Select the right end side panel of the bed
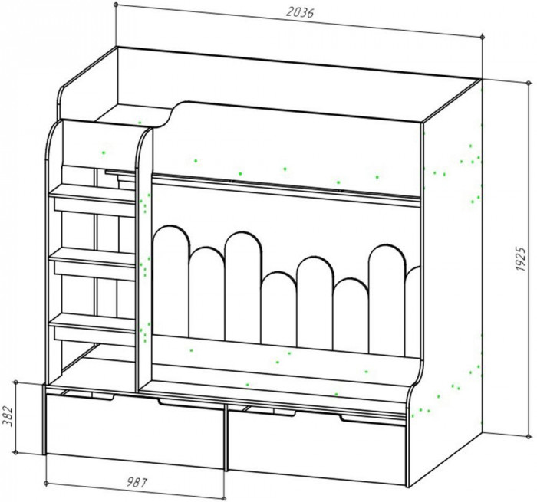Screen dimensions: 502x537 click(x=453, y=253)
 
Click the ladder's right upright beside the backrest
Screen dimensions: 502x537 click(x=143, y=253)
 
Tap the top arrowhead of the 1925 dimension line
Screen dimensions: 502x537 click(x=483, y=82)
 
